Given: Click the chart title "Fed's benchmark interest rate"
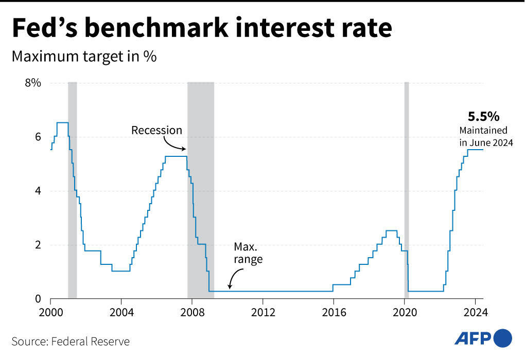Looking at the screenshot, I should tap(202, 29).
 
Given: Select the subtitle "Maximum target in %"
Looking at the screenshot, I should tap(84, 57).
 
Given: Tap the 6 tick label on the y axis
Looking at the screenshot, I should tap(37, 137).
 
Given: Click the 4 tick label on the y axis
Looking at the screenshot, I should tap(37, 191).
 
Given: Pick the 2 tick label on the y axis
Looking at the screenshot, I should tap(37, 245).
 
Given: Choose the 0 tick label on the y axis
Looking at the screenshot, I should tap(37, 299).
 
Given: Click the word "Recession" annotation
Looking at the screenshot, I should tap(156, 130).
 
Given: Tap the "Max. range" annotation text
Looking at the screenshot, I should tap(248, 253).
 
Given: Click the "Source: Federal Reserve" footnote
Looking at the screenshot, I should tap(71, 341).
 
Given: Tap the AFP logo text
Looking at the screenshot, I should tap(473, 338).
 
